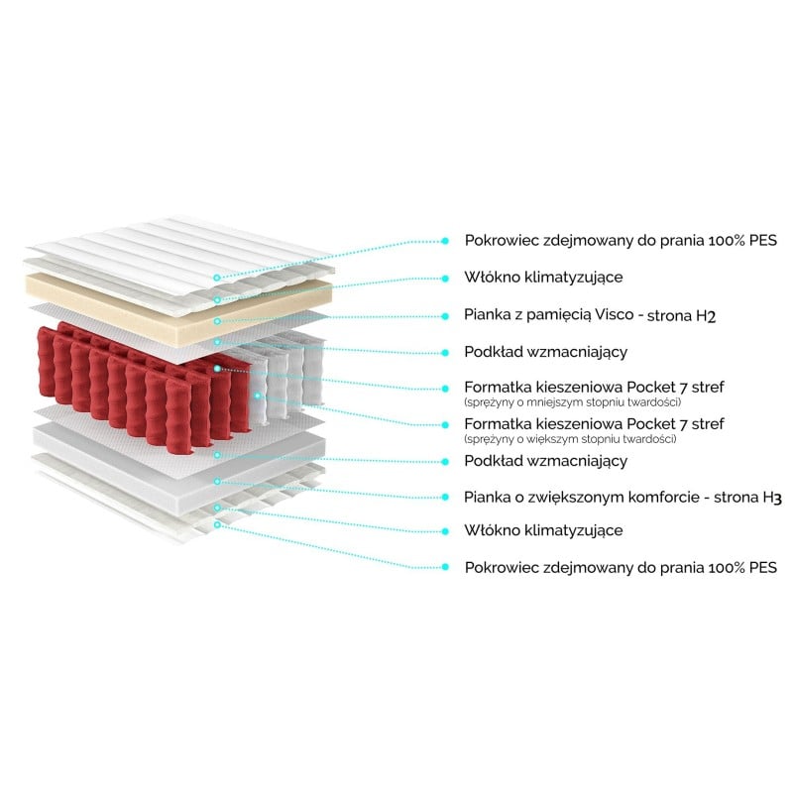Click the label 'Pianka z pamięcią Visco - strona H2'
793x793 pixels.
coord(590,315)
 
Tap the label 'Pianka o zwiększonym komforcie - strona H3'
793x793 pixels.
coord(623,498)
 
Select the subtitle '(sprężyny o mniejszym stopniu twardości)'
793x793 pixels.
coord(573,402)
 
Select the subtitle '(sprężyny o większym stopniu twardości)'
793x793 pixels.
coord(570,439)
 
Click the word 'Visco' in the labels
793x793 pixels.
coord(614,314)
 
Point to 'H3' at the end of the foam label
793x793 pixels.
coord(772,498)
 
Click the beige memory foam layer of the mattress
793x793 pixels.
coord(177,307)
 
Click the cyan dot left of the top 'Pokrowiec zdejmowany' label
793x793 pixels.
coord(445,241)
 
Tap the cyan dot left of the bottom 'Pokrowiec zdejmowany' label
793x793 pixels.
coord(445,567)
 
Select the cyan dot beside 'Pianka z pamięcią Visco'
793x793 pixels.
coord(445,316)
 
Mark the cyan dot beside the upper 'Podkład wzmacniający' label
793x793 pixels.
coord(445,353)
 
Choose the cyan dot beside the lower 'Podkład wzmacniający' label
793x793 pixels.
coord(445,462)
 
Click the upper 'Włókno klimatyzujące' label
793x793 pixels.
coord(543,278)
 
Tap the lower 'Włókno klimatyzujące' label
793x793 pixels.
coord(543,531)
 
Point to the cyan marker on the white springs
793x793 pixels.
coord(258,395)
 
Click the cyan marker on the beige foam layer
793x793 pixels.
coord(217,321)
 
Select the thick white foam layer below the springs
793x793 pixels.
coord(179,463)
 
